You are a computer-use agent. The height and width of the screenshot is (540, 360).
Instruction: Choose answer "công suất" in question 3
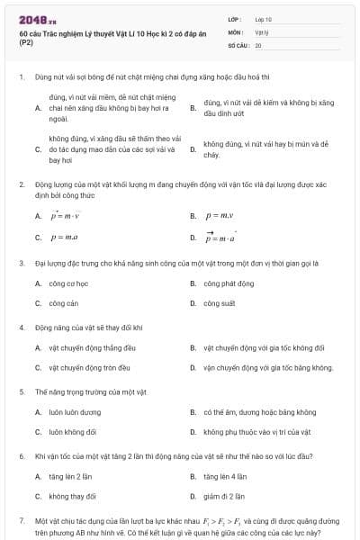219,303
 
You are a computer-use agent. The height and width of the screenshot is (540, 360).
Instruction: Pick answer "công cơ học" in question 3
68,283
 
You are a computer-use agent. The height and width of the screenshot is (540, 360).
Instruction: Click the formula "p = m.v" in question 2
220,217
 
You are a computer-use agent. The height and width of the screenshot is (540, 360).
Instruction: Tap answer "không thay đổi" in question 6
72,496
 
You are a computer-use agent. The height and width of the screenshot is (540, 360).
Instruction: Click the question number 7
21,520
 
